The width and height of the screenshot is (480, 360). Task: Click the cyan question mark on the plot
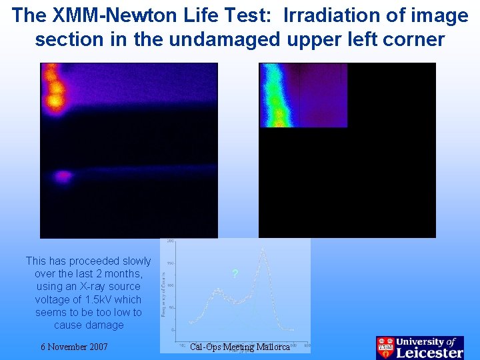point(234,274)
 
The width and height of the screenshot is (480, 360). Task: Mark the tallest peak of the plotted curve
point(263,250)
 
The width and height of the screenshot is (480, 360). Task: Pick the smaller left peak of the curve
point(217,290)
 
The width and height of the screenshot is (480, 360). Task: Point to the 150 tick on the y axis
point(170,263)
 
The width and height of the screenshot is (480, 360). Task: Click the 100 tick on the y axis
point(170,285)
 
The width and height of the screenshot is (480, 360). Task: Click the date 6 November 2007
point(74,347)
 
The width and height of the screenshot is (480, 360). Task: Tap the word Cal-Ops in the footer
point(205,347)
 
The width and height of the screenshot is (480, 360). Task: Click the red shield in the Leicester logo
point(385,348)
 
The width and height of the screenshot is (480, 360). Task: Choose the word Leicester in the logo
point(429,353)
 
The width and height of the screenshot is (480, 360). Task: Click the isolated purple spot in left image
point(62,177)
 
